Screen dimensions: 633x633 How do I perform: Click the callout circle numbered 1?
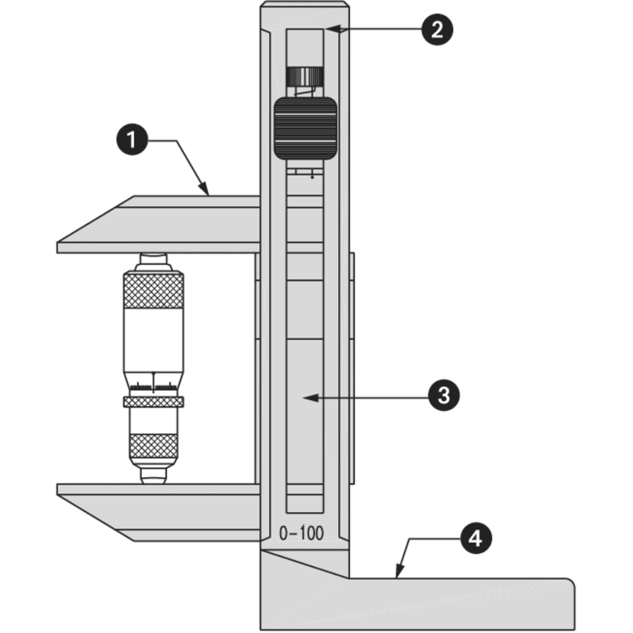click(x=131, y=139)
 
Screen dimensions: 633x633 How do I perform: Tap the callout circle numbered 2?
click(x=437, y=29)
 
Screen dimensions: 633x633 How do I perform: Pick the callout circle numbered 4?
click(x=474, y=539)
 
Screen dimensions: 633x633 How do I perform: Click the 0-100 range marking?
click(x=301, y=534)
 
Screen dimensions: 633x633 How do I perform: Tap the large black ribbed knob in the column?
click(x=304, y=128)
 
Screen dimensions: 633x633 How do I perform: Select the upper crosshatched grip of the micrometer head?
click(x=154, y=291)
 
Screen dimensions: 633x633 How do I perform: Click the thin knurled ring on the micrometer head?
click(x=154, y=402)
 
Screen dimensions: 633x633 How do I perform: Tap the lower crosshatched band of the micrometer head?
click(x=154, y=446)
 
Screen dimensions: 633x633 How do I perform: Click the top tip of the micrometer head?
click(x=154, y=259)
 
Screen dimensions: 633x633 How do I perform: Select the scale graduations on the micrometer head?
click(x=154, y=385)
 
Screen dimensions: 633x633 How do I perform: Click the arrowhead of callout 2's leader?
click(x=329, y=29)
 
